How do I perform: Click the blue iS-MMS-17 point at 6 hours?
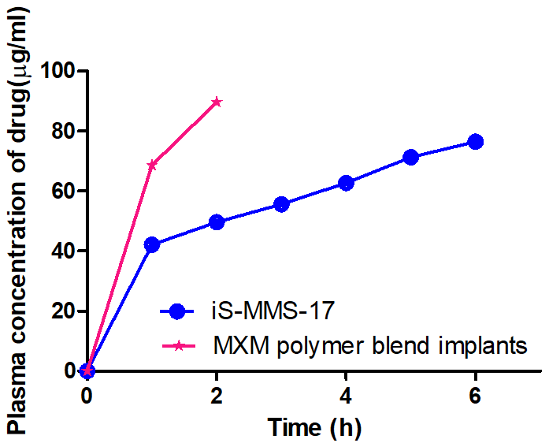475,142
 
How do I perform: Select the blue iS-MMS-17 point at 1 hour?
152,244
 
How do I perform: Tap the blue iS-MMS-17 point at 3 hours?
281,204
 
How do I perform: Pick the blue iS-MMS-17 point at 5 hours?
410,157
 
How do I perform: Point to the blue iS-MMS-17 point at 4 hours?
346,183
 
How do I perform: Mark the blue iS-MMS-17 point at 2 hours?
217,222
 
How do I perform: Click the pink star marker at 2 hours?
217,102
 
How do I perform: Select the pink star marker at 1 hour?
152,165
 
